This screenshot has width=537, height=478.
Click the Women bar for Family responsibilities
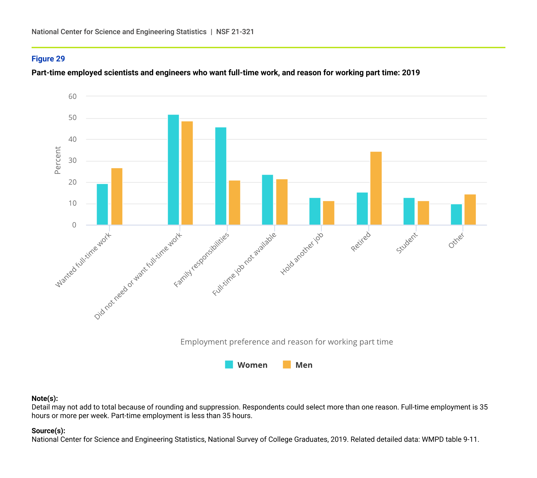[220, 176]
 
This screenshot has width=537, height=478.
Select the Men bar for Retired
[376, 189]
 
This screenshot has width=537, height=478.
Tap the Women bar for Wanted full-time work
[102, 204]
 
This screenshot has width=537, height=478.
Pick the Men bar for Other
[470, 210]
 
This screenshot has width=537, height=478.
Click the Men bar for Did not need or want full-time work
[187, 173]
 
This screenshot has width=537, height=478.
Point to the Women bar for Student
[409, 211]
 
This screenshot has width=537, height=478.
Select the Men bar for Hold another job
[329, 213]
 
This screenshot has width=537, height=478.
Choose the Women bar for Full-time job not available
[268, 200]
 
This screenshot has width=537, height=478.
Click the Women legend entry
[246, 365]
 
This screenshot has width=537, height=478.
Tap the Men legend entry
[298, 365]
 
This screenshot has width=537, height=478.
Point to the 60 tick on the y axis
[73, 96]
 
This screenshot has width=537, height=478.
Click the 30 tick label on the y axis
[73, 161]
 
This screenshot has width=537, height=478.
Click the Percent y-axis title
[57, 160]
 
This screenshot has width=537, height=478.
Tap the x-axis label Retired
[361, 242]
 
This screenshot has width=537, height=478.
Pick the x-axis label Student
[407, 243]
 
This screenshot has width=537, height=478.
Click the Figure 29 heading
[48, 59]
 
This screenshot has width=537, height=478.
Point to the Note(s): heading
[45, 399]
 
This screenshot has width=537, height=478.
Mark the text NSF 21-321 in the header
[235, 32]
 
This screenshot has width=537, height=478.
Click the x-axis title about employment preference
[287, 342]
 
